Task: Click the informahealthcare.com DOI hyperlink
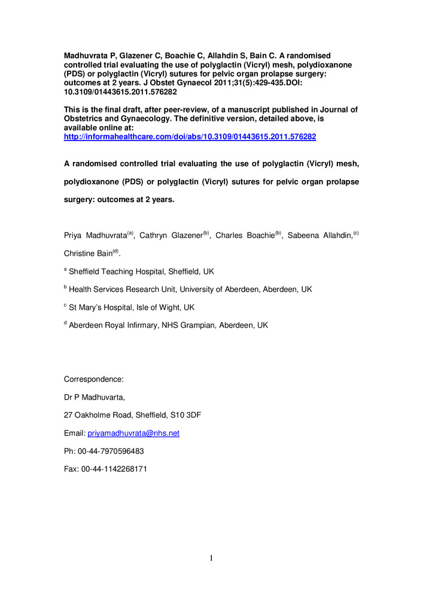click(190, 137)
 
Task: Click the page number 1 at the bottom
click(211, 559)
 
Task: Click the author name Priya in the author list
click(74, 236)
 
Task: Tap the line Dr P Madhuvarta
click(95, 396)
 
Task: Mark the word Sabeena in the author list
click(302, 236)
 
